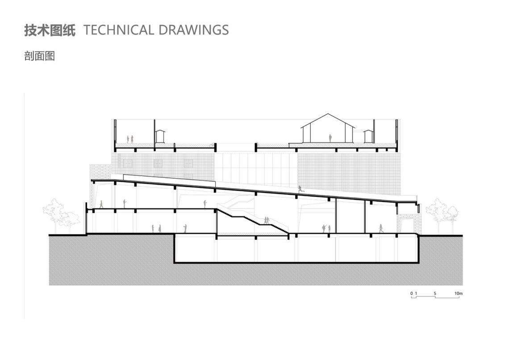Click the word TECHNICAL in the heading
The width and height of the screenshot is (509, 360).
[118, 30]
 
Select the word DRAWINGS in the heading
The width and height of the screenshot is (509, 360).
[194, 30]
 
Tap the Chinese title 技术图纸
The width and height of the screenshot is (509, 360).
[50, 30]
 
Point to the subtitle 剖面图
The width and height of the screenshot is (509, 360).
[39, 56]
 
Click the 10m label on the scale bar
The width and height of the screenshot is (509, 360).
[458, 293]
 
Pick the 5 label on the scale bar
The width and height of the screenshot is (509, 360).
[435, 293]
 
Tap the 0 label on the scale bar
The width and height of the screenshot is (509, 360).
[412, 293]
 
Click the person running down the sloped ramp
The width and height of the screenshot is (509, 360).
[300, 189]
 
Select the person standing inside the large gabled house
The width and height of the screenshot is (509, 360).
[330, 138]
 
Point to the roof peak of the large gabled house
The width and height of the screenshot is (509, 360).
[328, 114]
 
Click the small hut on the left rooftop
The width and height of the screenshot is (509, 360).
[159, 136]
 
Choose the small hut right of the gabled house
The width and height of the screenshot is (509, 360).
[368, 136]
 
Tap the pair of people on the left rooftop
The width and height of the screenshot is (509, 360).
[130, 139]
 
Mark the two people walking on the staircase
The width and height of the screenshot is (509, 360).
[267, 220]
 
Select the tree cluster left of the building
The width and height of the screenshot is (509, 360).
[61, 214]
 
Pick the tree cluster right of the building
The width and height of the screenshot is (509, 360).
[442, 215]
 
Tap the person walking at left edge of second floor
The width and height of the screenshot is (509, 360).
[101, 204]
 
